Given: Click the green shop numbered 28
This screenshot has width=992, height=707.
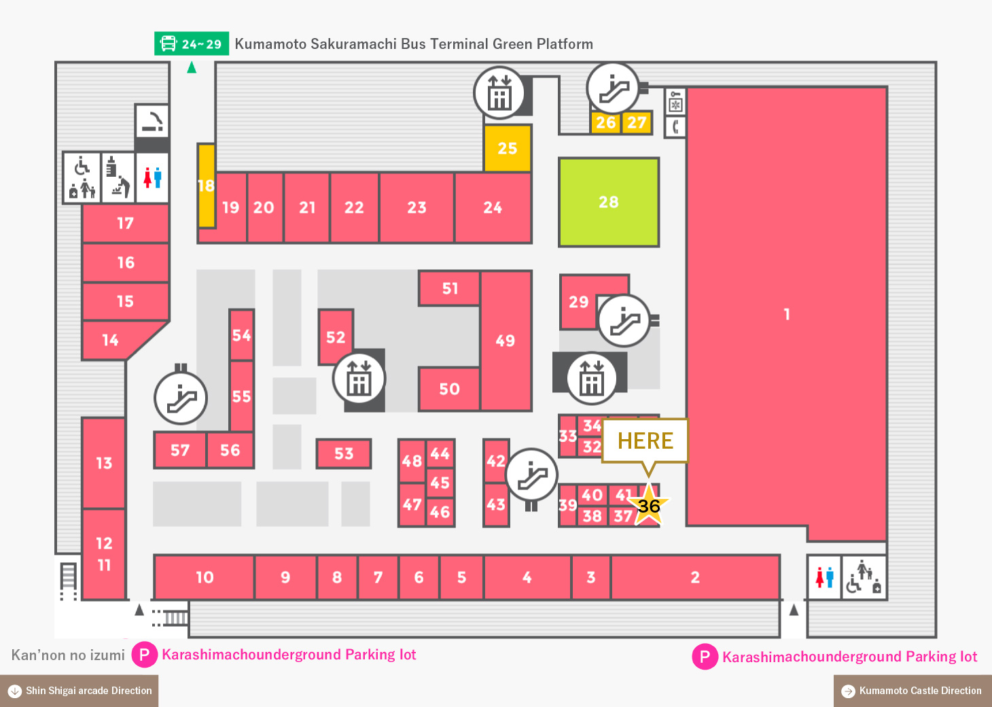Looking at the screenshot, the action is (609, 202).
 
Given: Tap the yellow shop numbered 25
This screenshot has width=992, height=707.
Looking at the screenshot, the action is (508, 148).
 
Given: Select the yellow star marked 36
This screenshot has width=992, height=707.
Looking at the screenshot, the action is (649, 505).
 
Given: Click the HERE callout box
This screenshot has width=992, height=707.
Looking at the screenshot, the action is (645, 441).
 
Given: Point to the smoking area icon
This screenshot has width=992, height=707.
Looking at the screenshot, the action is (152, 121).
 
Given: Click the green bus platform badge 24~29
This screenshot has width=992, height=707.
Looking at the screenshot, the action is (192, 44).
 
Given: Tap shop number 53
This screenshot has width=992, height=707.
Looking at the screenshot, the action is (344, 453).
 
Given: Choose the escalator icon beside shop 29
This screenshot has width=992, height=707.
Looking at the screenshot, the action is (624, 320).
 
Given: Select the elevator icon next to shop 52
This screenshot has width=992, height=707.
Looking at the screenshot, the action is (359, 379).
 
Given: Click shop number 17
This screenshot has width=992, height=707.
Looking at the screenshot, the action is (125, 223).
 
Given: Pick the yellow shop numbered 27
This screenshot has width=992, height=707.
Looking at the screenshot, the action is (637, 122).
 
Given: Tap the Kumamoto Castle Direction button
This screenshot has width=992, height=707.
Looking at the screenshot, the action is (913, 691).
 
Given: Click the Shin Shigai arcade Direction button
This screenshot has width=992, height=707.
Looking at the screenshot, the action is (79, 691).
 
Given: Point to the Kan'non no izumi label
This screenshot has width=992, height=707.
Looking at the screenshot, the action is (68, 655).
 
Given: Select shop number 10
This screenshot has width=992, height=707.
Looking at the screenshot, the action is (205, 576).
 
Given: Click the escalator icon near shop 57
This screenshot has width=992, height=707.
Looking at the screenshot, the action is (181, 398).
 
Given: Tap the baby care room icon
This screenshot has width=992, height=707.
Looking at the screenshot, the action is (118, 177).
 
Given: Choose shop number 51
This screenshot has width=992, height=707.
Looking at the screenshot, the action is (450, 288).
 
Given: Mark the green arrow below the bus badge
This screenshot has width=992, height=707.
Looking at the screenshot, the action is (192, 67).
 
